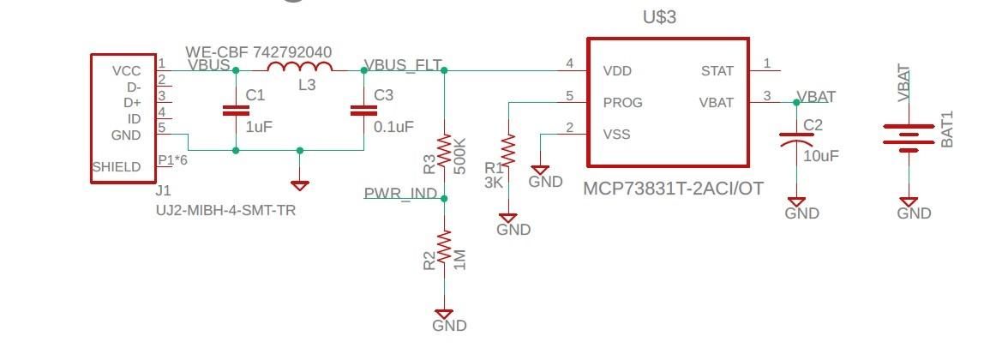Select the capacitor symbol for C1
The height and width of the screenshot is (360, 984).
pos(236,110)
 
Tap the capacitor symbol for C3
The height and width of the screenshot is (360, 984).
pos(364,110)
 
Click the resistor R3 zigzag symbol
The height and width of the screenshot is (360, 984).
pos(444,151)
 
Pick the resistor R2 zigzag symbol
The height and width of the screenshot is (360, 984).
pos(444,249)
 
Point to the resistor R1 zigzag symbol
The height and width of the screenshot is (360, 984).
pos(508,153)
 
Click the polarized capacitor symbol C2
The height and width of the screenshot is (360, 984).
pos(796,137)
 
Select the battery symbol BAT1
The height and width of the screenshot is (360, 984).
pos(909,137)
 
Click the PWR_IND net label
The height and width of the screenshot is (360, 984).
pos(400,193)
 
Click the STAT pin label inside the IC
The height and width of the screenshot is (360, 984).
pos(717,70)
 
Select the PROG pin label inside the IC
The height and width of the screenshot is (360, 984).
pos(622,102)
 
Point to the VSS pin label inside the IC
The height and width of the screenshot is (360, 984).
pos(617,134)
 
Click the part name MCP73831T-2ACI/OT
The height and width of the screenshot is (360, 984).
pos(673,188)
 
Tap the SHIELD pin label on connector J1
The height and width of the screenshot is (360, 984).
pos(117,166)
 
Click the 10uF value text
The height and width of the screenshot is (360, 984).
pos(821,156)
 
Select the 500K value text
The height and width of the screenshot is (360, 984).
pos(460,155)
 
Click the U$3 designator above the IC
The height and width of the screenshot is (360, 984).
pos(659,17)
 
